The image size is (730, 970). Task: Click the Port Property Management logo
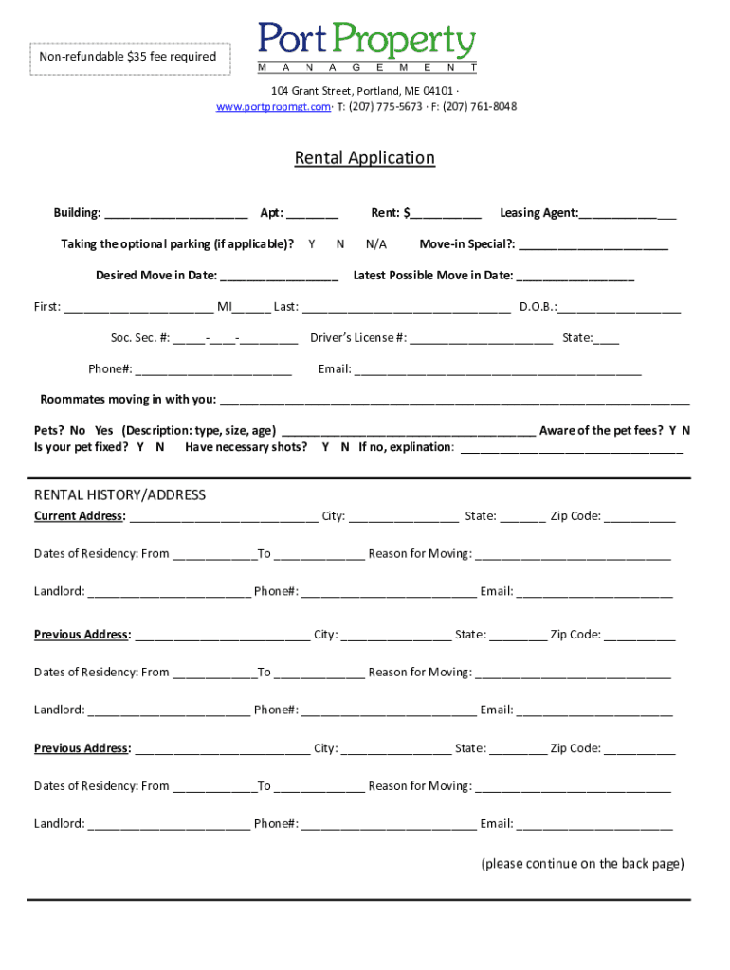(367, 47)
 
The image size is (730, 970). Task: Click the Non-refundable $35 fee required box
(128, 57)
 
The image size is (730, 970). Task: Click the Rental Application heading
(364, 158)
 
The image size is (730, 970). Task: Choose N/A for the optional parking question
(376, 244)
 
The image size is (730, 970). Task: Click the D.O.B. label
(538, 307)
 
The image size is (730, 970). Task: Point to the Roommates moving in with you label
(127, 399)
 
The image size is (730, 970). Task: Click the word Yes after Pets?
(104, 430)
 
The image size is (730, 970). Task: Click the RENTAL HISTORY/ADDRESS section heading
(119, 495)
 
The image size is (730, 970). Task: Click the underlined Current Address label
(80, 516)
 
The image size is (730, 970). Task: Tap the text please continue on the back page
(582, 864)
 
